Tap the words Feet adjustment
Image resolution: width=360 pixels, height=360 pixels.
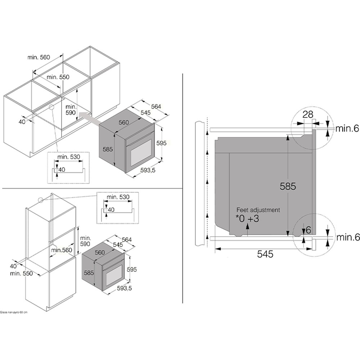[258, 210]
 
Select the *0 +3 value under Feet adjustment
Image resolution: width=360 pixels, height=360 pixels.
[248, 218]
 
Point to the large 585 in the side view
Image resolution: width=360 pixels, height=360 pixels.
[288, 186]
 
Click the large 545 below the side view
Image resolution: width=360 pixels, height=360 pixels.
[265, 254]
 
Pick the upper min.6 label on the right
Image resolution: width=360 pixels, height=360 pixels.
[348, 128]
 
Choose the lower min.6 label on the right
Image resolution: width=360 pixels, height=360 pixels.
[348, 237]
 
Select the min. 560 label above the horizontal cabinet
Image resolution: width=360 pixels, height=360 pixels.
[39, 57]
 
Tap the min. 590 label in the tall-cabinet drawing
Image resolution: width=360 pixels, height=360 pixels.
[85, 241]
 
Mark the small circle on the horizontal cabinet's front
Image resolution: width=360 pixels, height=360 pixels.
[51, 107]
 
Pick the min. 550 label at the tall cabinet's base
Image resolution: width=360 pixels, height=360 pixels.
[21, 274]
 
